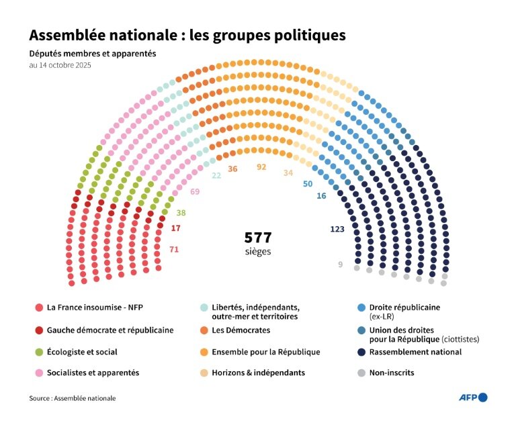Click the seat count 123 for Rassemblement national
(337, 229)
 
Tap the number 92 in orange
(262, 167)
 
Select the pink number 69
(195, 192)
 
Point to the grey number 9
(340, 264)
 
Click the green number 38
(181, 213)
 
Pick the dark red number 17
(176, 228)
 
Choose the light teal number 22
(216, 175)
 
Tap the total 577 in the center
(257, 238)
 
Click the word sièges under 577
(258, 252)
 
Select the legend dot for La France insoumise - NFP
(39, 307)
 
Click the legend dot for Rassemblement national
(363, 352)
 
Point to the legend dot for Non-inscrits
(363, 373)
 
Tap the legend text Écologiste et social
(81, 352)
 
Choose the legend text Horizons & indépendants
(258, 373)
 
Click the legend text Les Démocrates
(241, 330)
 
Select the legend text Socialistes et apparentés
(93, 373)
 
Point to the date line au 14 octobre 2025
(60, 66)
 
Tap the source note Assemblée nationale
(72, 398)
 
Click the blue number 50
(308, 183)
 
